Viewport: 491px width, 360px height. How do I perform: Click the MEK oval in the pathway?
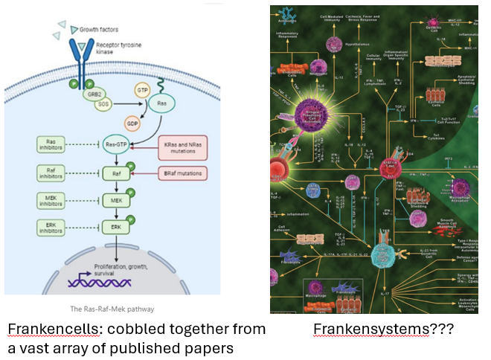point(115,201)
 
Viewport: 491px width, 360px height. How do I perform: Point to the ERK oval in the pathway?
point(115,227)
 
